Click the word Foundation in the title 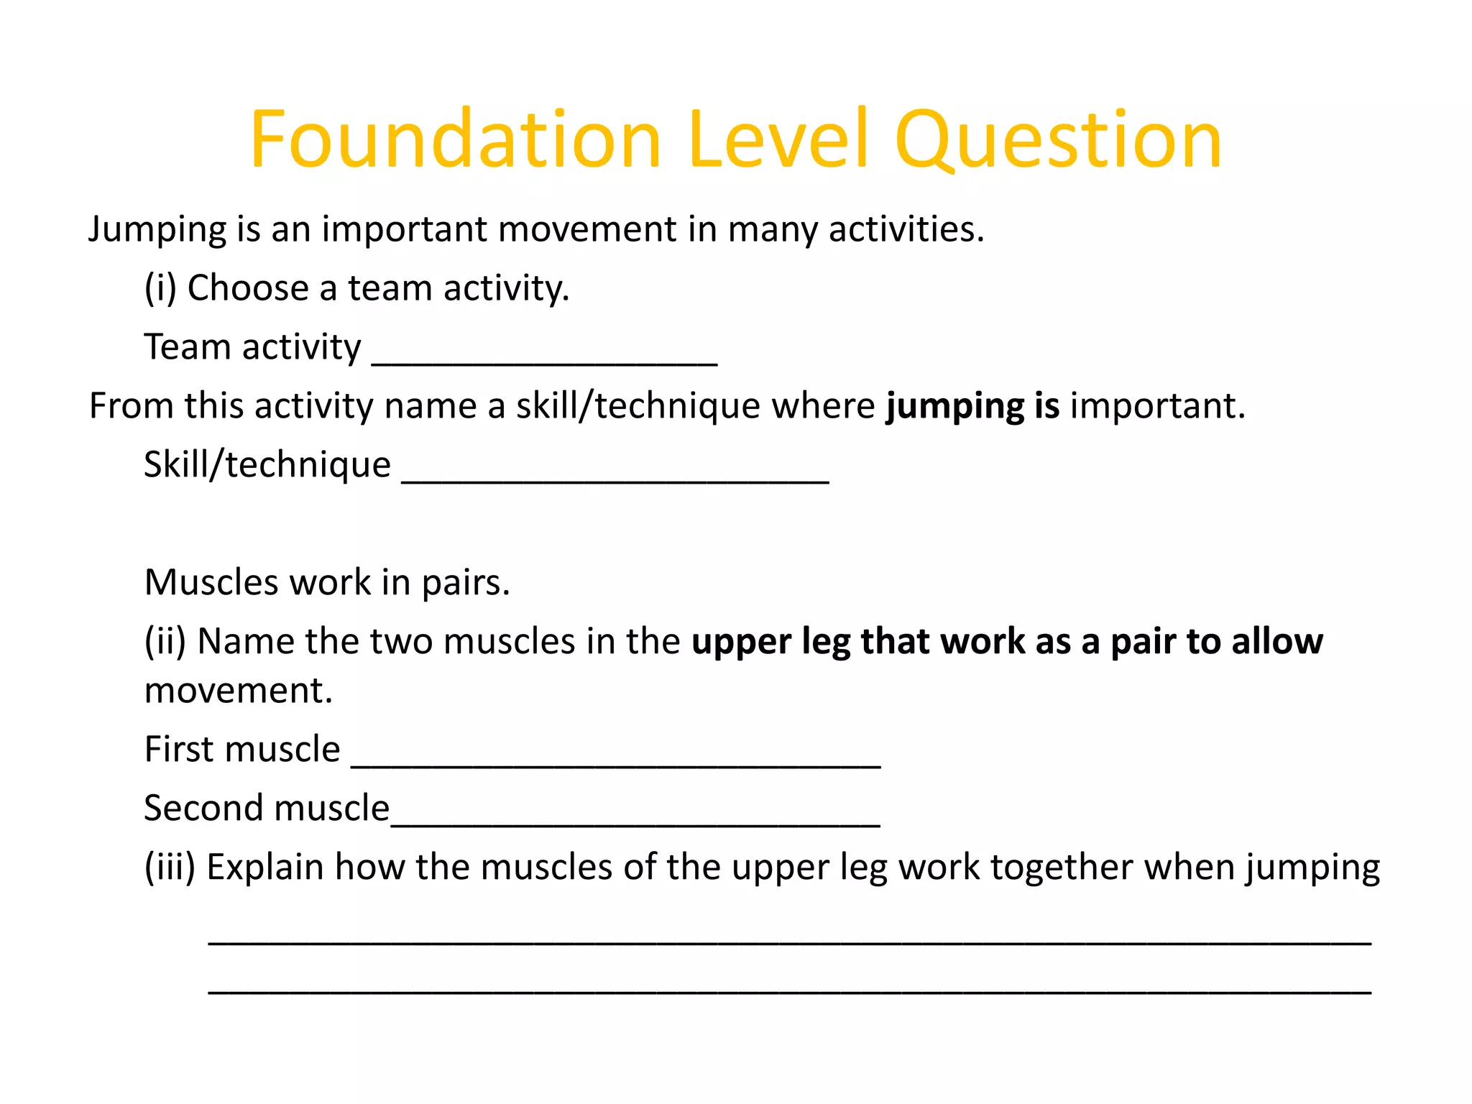pos(454,139)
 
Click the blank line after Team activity pos(544,363)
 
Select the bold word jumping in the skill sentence pos(954,407)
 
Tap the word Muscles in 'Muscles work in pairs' pos(211,582)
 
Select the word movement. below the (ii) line pos(239,691)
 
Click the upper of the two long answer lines pos(789,942)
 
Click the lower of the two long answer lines pos(789,991)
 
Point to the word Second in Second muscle pos(203,809)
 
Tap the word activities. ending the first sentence pos(906,230)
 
